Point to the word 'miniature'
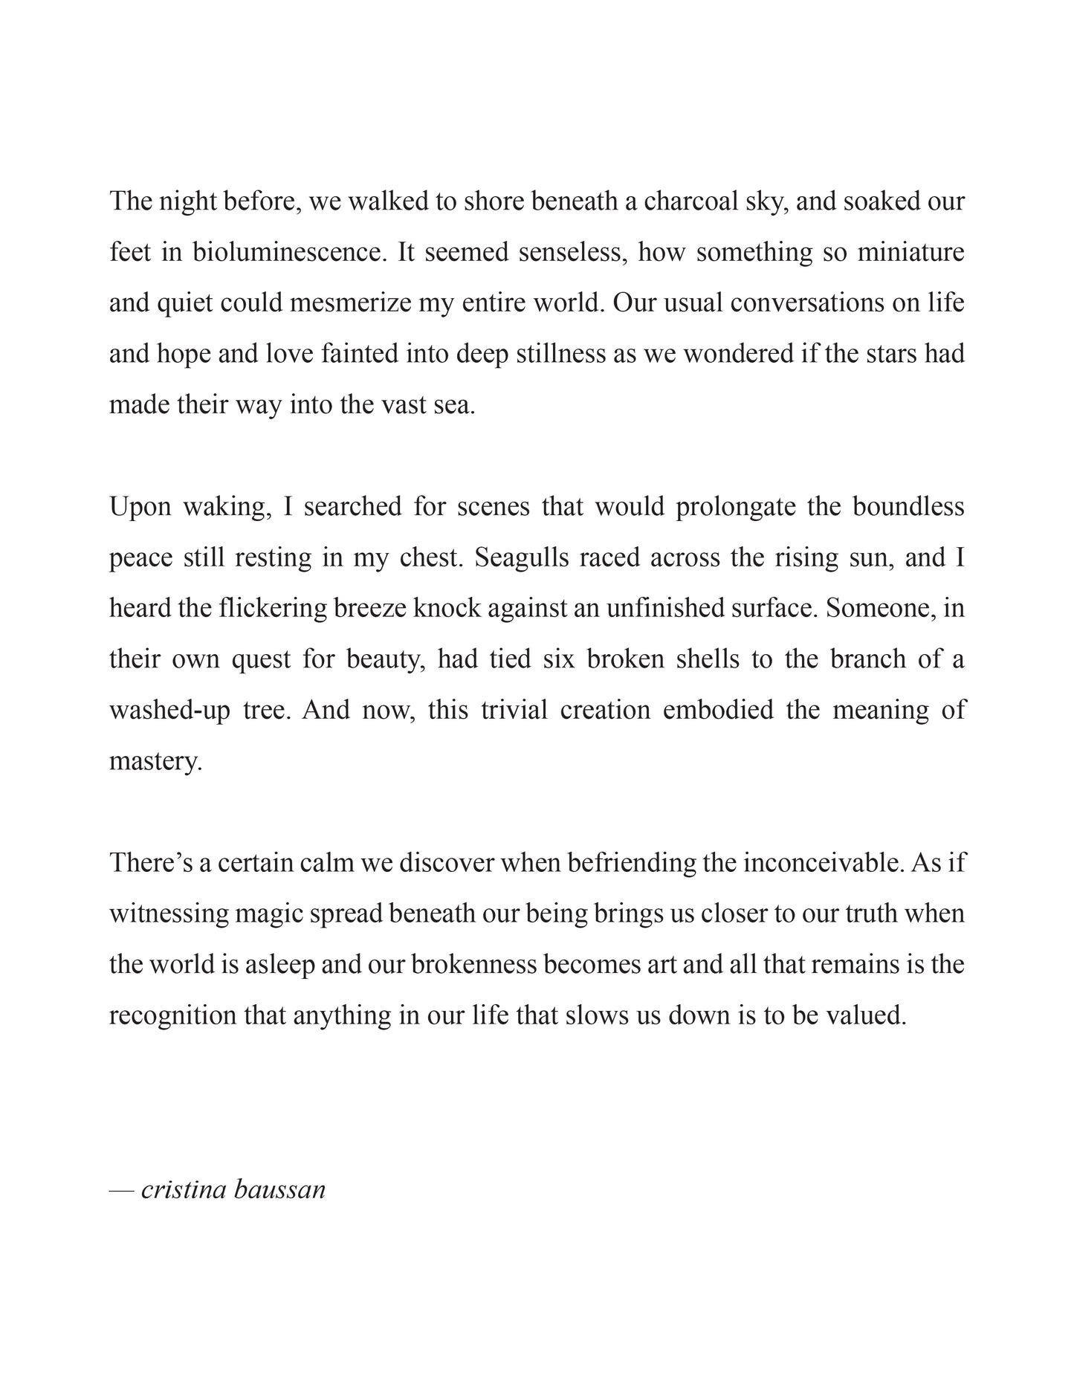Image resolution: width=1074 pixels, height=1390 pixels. pos(910,253)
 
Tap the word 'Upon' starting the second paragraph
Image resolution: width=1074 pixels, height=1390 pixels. pos(140,507)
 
